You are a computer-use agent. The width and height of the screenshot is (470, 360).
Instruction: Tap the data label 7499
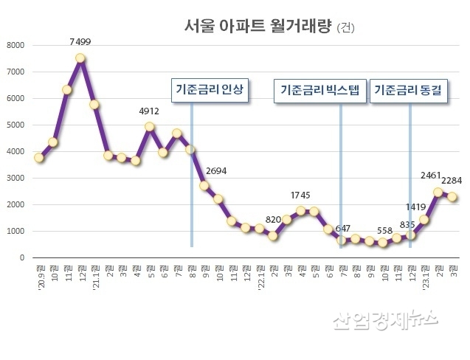pyautogui.click(x=80, y=43)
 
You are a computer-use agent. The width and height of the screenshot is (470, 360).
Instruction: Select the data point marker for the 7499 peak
pyautogui.click(x=80, y=58)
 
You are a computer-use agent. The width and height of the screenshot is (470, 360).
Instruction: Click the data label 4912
pyautogui.click(x=150, y=112)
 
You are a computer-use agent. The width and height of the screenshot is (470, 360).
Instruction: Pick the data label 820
pyautogui.click(x=273, y=221)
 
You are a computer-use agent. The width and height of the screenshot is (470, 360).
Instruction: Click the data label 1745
pyautogui.click(x=300, y=195)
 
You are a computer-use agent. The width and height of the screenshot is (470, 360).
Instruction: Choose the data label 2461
pyautogui.click(x=430, y=175)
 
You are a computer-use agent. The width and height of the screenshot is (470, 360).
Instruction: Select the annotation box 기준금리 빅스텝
pyautogui.click(x=320, y=91)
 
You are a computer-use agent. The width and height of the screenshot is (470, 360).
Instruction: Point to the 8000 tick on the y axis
pyautogui.click(x=15, y=45)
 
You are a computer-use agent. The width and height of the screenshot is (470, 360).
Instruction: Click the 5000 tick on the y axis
pyautogui.click(x=15, y=125)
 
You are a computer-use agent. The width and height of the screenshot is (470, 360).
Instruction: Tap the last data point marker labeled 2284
pyautogui.click(x=452, y=197)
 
